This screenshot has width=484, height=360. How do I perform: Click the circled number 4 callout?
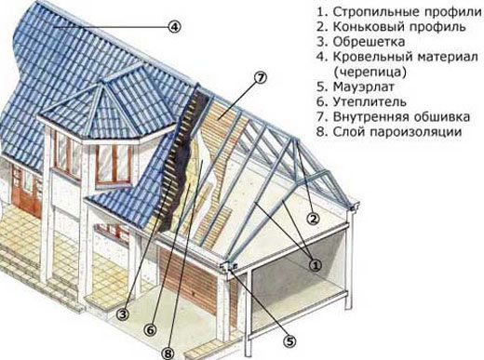click(174, 27)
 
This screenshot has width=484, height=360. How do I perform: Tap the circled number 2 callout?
click(315, 219)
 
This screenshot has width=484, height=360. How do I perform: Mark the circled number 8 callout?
click(168, 352)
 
